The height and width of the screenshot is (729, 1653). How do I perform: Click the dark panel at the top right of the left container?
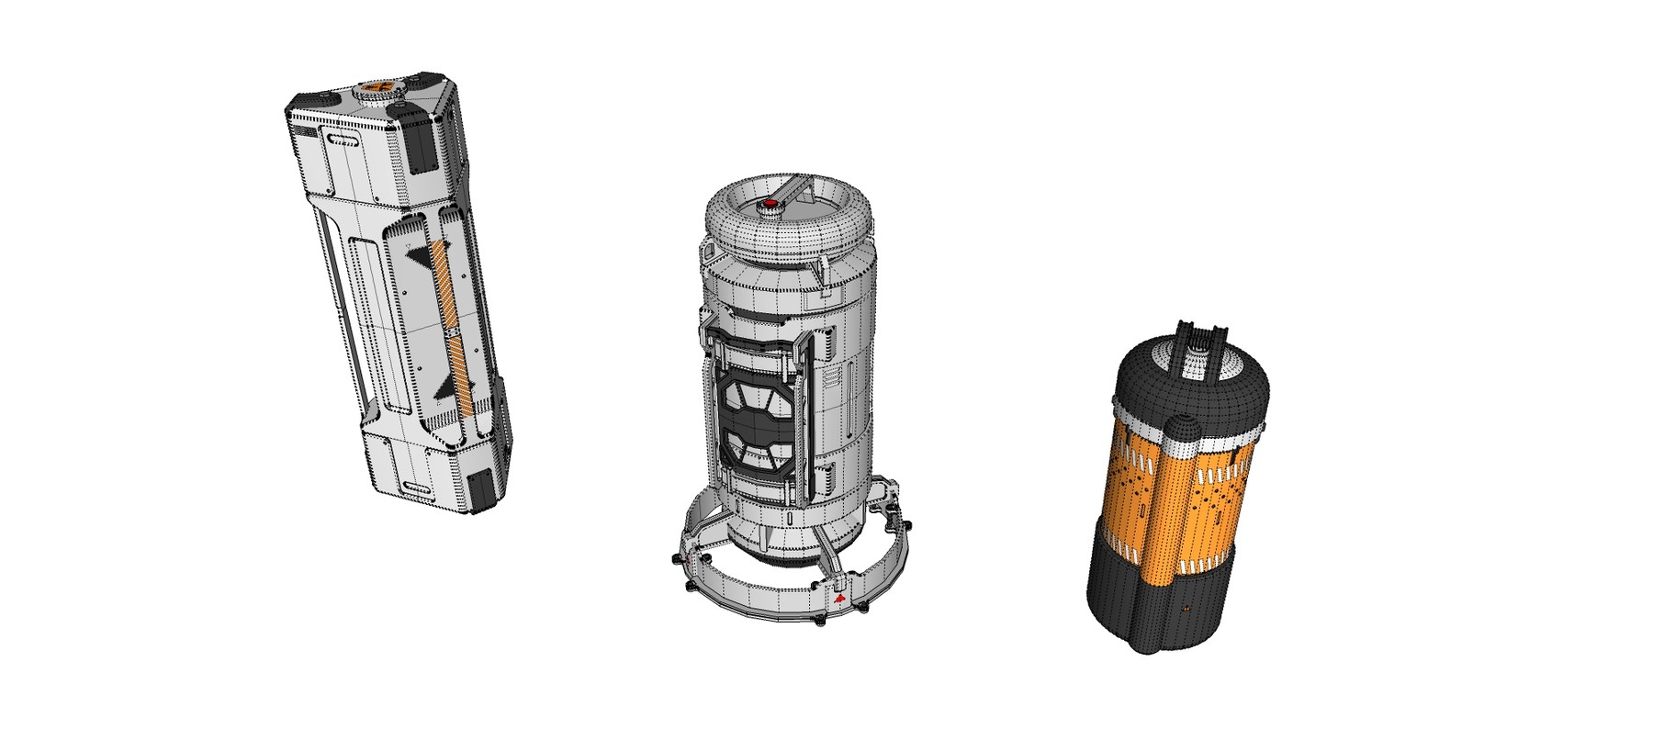[x=425, y=147]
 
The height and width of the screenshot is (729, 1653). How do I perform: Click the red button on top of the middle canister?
[x=770, y=204]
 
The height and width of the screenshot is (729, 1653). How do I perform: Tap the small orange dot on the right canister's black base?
[x=1184, y=608]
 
